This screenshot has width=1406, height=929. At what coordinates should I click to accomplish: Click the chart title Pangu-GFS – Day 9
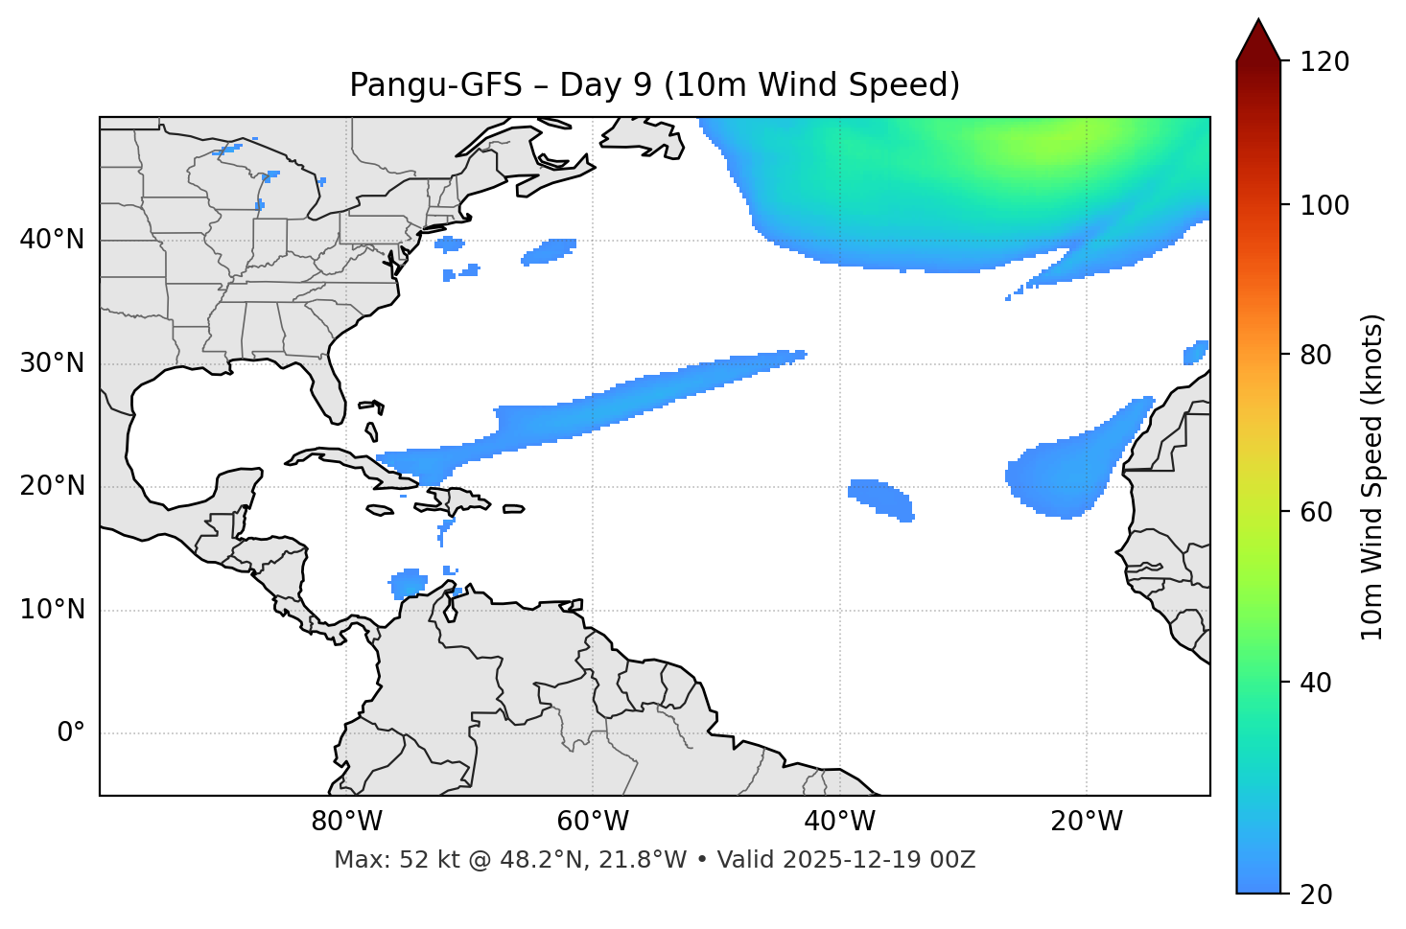654,85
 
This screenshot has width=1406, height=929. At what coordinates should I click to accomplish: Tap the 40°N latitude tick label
52,240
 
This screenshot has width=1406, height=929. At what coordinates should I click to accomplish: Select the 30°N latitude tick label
52,363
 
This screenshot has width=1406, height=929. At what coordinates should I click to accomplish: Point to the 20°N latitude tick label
52,486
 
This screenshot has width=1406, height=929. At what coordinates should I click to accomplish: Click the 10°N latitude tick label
52,610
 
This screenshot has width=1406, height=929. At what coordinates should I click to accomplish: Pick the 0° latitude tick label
70,733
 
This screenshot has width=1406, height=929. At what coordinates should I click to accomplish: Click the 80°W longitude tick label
346,822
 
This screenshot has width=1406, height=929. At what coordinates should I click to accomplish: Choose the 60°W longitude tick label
593,822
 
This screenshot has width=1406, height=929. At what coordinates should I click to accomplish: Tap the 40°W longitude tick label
839,822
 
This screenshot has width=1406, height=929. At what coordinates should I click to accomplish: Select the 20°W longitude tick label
1086,822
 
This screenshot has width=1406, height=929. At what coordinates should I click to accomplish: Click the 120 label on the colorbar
1324,62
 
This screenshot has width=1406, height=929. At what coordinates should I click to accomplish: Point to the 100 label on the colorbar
1324,205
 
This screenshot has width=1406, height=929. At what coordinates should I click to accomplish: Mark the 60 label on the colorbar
1318,512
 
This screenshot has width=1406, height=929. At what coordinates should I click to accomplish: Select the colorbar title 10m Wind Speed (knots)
1372,476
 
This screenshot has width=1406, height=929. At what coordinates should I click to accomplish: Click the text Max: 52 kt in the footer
380,860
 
